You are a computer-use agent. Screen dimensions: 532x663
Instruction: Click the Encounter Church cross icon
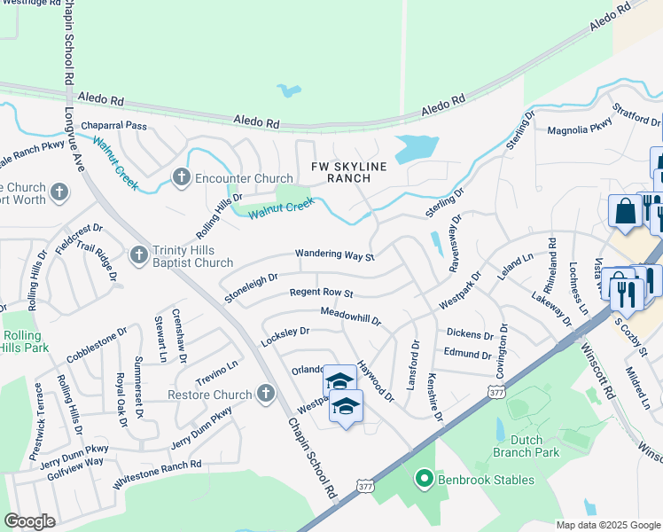182,178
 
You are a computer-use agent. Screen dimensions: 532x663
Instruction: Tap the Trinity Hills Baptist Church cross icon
139,255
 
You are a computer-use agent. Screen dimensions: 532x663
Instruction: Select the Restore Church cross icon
265,394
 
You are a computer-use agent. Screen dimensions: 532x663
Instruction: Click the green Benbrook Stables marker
424,480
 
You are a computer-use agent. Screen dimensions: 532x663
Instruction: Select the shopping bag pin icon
625,213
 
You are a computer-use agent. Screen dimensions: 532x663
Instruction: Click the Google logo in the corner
29,521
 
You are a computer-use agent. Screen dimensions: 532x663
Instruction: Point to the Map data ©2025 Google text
608,525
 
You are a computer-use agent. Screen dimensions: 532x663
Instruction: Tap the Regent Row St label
322,293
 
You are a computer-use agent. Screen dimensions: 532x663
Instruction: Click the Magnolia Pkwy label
580,129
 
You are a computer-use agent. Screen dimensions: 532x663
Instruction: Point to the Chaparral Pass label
113,126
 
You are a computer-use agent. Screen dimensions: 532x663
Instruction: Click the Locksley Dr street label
285,336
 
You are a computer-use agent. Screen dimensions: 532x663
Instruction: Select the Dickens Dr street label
469,335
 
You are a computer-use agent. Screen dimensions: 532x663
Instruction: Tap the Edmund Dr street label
467,355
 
